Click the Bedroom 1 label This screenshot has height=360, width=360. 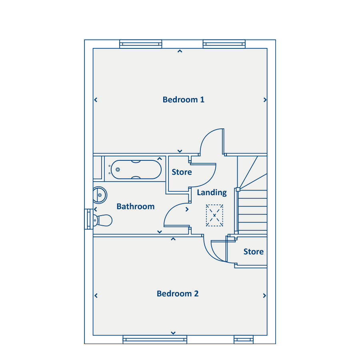[x=183, y=100]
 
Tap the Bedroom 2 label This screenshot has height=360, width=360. [x=178, y=294]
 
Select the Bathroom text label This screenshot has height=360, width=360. [x=136, y=206]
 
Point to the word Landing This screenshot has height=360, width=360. [x=212, y=193]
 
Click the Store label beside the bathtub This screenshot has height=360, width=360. [x=182, y=172]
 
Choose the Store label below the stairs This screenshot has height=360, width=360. [x=254, y=252]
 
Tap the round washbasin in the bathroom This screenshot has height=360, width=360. [x=100, y=195]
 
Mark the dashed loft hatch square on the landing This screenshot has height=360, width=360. [x=214, y=205]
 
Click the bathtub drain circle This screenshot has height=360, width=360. [x=118, y=170]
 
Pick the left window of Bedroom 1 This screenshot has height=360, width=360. [x=141, y=44]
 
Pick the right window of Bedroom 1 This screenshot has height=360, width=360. [x=224, y=44]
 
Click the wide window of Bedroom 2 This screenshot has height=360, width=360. [x=155, y=340]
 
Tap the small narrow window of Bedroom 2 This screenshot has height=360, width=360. [x=244, y=340]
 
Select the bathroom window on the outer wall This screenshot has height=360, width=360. [x=89, y=219]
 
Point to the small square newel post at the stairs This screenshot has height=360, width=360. [x=238, y=190]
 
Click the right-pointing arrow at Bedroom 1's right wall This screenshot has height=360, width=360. [x=265, y=100]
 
